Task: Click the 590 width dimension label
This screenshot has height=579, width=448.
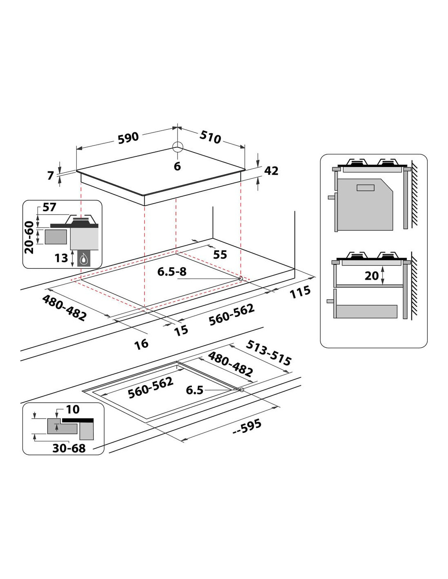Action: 128,138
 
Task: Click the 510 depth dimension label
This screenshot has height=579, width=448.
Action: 210,137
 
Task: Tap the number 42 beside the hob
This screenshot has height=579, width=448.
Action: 271,171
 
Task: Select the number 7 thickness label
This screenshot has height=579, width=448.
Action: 51,175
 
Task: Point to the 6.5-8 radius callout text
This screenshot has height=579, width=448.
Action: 172,272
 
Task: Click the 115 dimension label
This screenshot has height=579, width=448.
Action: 300,292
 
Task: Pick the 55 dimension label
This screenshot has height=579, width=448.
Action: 220,255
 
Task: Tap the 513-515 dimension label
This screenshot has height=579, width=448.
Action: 268,353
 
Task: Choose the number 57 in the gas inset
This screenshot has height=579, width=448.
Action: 49,207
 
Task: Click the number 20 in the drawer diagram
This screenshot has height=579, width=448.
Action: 371,276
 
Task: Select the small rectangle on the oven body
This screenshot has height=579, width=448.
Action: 366,188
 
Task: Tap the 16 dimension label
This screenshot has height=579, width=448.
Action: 141,344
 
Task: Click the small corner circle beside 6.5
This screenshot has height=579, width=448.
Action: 242,390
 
